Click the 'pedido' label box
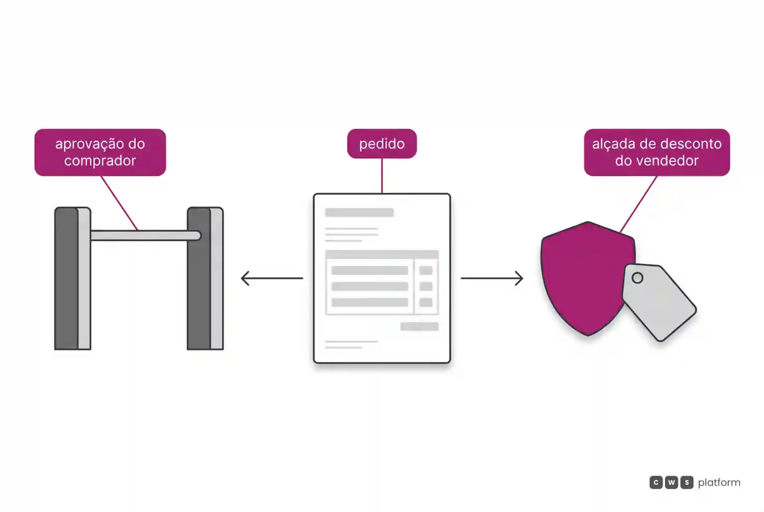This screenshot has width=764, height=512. click(382, 144)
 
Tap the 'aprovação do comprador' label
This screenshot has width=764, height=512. click(100, 153)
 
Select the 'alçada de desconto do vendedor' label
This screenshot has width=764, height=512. click(657, 153)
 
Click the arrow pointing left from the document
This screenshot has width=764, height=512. click(272, 278)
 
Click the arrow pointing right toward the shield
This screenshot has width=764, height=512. click(492, 278)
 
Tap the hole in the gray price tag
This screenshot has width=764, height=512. click(637, 278)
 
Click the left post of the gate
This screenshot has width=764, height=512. click(73, 278)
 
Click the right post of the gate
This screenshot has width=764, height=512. click(205, 278)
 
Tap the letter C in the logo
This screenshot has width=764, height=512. click(656, 482)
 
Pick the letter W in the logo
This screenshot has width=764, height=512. click(671, 482)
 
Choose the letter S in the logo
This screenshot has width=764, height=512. click(686, 482)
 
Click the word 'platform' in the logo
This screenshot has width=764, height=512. click(719, 483)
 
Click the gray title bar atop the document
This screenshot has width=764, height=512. click(360, 212)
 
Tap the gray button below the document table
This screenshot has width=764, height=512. click(419, 326)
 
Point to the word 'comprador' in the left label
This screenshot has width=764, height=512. click(100, 161)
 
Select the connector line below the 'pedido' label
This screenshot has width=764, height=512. click(382, 176)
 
